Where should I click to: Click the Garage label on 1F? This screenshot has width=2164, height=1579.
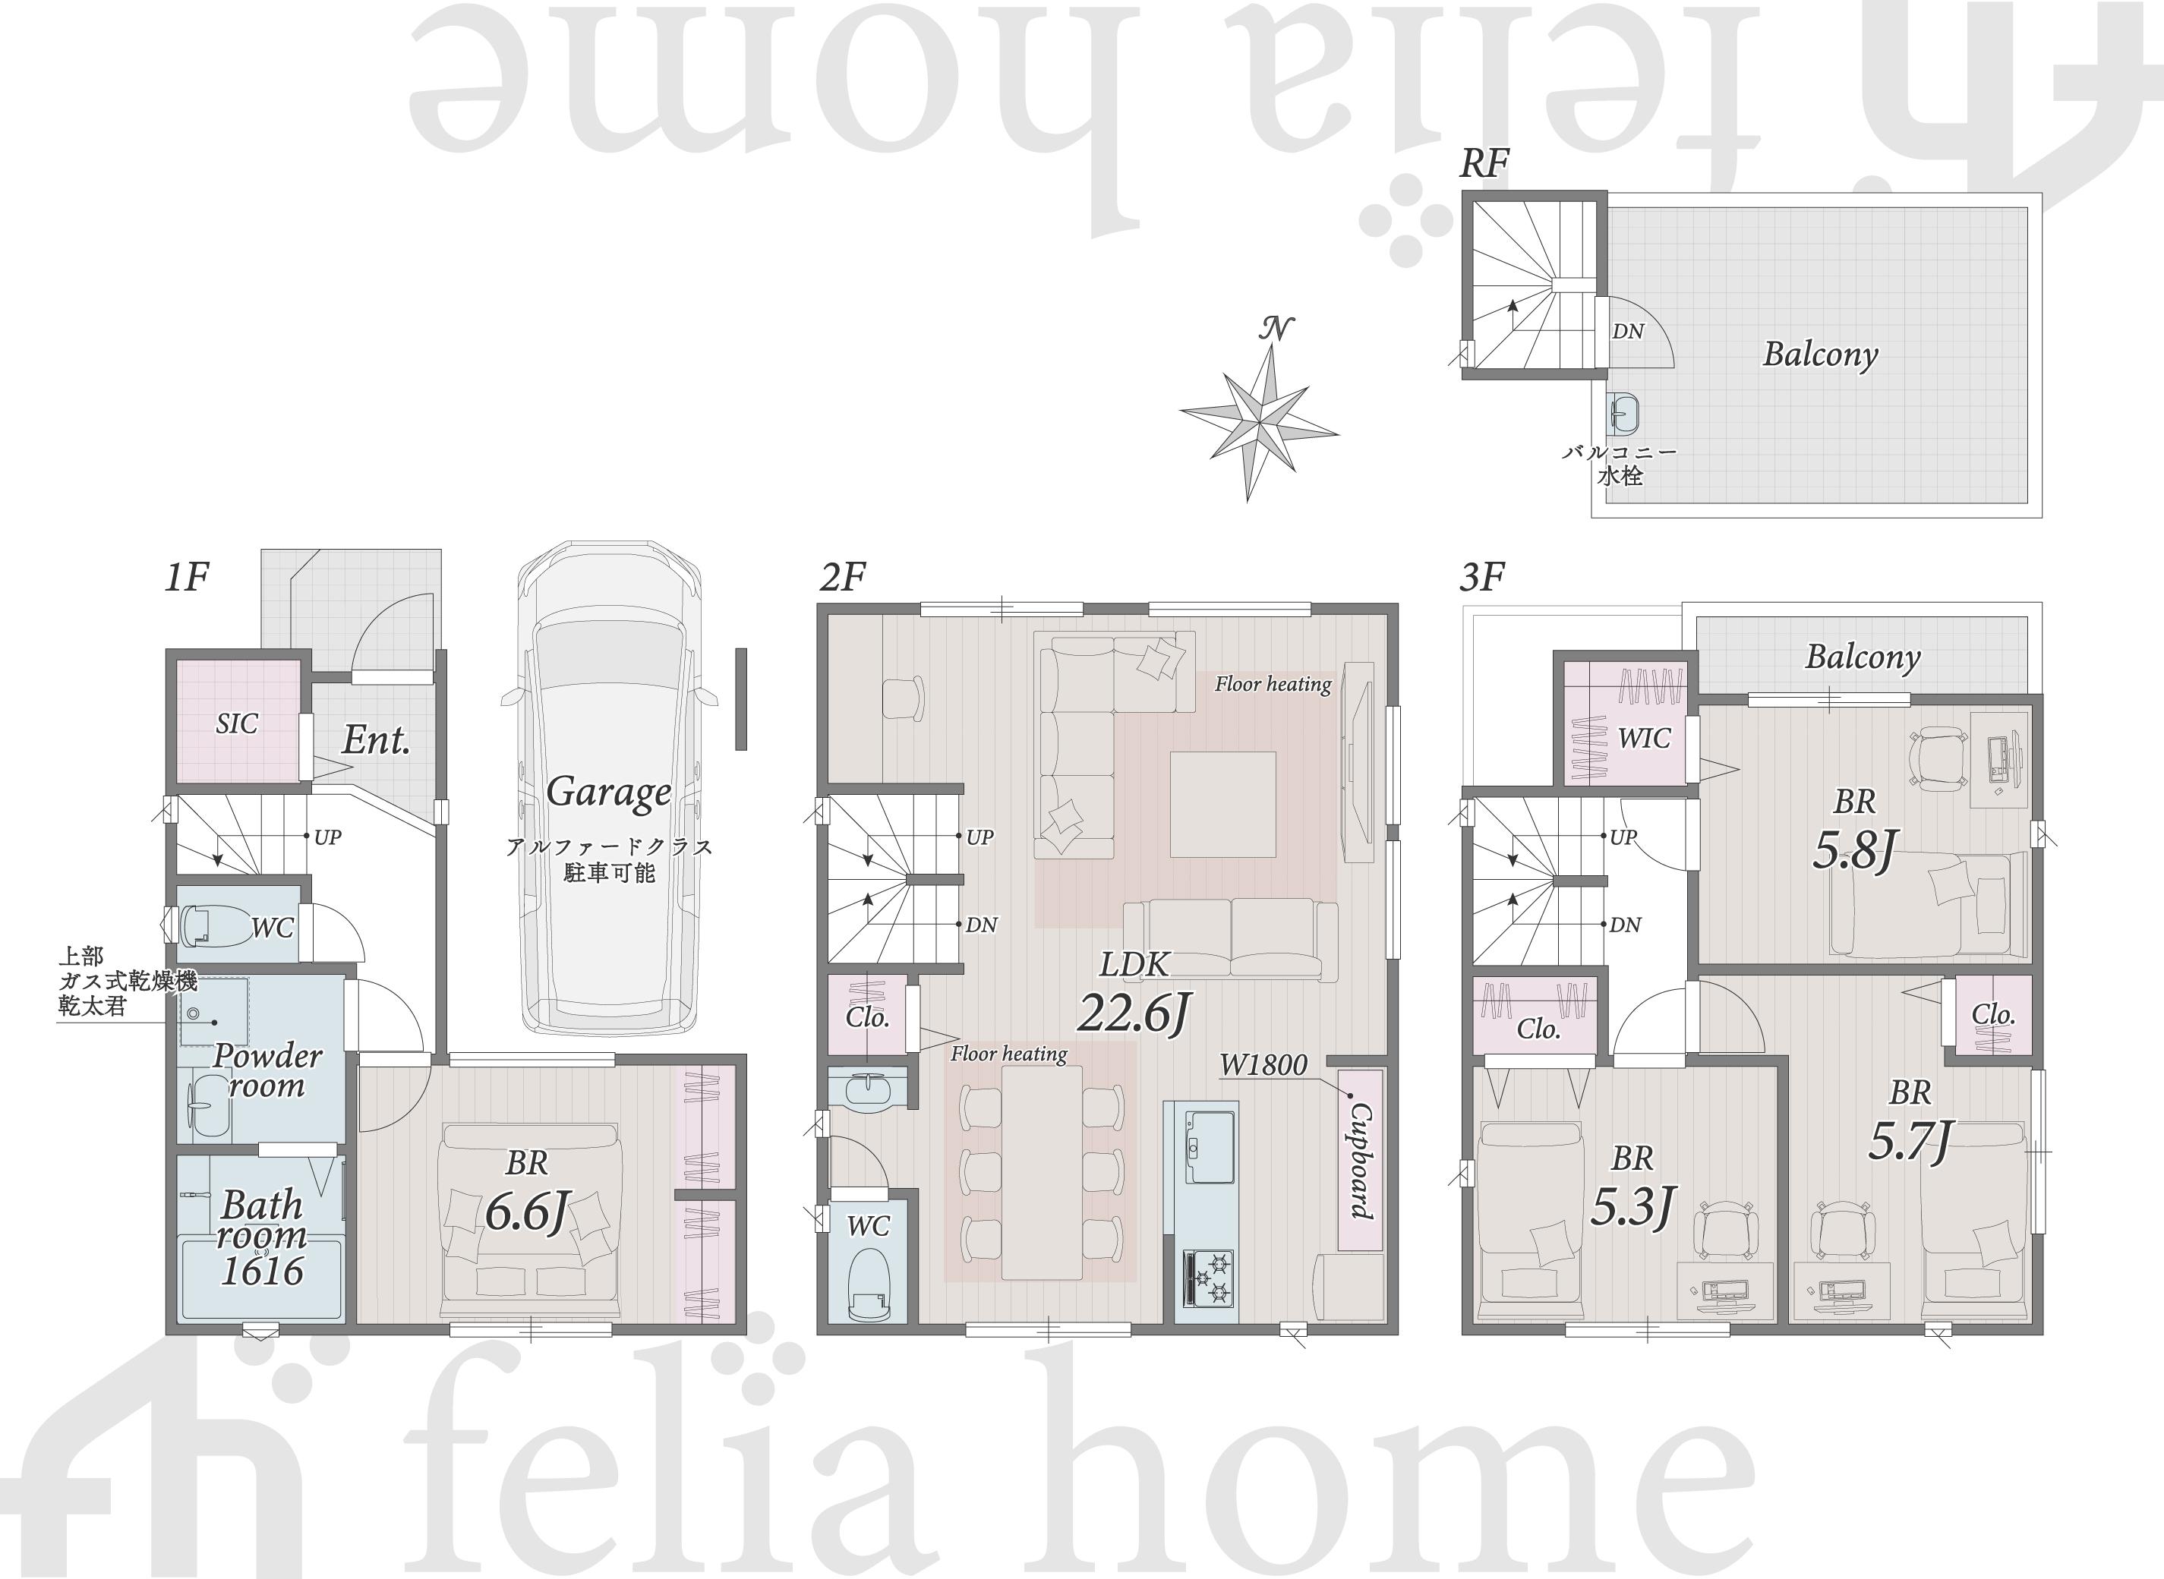[x=609, y=793]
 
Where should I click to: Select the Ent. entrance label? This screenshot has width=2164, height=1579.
[x=377, y=740]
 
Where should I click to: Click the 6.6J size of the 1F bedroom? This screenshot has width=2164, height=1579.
[x=528, y=1213]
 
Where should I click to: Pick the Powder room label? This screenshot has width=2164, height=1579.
[x=267, y=1070]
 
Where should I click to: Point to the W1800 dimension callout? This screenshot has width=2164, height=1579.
[x=1263, y=1065]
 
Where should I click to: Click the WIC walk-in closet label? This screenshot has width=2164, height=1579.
[x=1644, y=738]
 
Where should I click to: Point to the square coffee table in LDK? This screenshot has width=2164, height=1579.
[x=1223, y=804]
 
